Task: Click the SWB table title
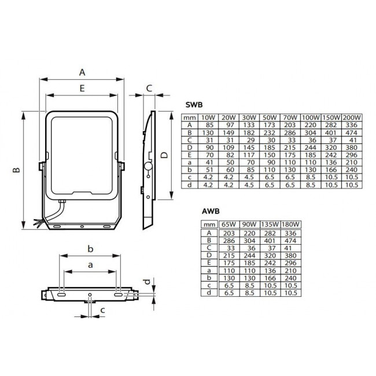[x=193, y=105]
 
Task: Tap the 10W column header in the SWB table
[x=206, y=118]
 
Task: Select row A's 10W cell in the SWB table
[x=206, y=125]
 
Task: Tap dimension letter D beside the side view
[x=164, y=156]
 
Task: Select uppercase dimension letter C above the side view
[x=149, y=88]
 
